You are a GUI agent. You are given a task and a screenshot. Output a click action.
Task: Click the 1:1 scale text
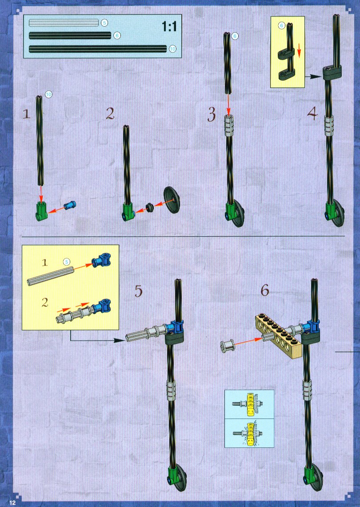point(169,26)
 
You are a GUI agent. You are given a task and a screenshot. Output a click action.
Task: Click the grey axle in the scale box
point(64,23)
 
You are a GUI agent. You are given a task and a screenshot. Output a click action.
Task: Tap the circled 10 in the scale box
point(172,49)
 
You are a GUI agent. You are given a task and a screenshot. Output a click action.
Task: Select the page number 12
point(12,502)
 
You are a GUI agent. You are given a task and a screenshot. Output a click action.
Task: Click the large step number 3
point(212,115)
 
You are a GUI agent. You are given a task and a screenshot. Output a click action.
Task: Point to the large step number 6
point(265,290)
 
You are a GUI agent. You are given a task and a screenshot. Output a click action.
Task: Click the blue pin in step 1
point(69,205)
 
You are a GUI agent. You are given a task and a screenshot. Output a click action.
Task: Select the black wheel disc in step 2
point(172,200)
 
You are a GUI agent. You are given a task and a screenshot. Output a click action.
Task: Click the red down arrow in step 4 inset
point(299,51)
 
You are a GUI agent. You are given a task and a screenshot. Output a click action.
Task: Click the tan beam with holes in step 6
point(279,336)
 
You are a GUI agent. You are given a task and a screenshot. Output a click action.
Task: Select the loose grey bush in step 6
point(227,346)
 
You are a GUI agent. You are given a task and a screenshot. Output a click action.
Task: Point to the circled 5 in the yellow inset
point(66,262)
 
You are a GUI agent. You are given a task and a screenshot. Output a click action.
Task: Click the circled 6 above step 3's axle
point(235,36)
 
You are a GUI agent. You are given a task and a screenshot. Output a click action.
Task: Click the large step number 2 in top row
point(110,114)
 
